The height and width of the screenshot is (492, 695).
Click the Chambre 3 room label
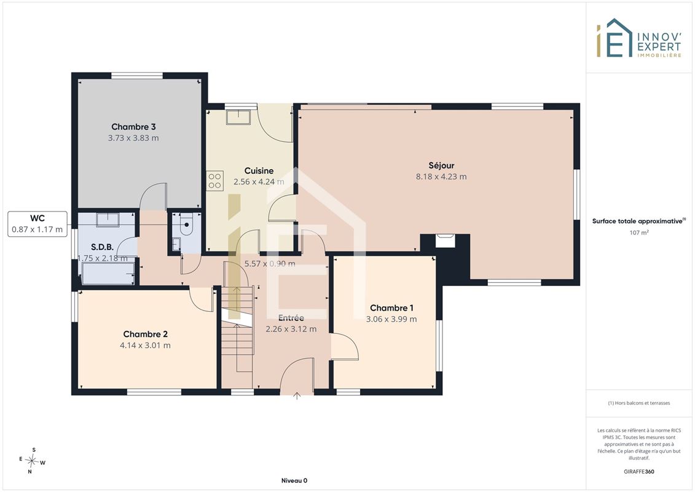[133, 127]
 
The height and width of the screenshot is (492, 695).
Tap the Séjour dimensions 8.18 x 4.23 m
[441, 177]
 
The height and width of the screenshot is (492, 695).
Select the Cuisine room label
[259, 171]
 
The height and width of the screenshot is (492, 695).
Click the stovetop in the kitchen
[214, 181]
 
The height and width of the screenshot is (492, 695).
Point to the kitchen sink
[238, 117]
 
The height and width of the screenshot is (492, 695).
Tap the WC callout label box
[37, 224]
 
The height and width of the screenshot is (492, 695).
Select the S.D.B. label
[103, 247]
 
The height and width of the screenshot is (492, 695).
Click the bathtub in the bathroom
[108, 273]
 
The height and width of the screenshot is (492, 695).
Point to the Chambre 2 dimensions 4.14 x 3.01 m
[145, 345]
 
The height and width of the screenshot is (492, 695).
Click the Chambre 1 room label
[391, 308]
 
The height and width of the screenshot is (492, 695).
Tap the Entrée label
[291, 318]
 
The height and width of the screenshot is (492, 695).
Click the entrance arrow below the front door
[297, 395]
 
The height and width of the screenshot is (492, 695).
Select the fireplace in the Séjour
[445, 240]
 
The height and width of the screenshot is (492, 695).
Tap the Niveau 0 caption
[294, 480]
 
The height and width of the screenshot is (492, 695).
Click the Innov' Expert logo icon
[614, 38]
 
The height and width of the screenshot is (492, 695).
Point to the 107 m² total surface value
[638, 232]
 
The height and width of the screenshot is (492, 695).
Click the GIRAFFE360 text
[638, 472]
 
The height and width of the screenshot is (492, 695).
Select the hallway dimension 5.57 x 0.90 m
[270, 263]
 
